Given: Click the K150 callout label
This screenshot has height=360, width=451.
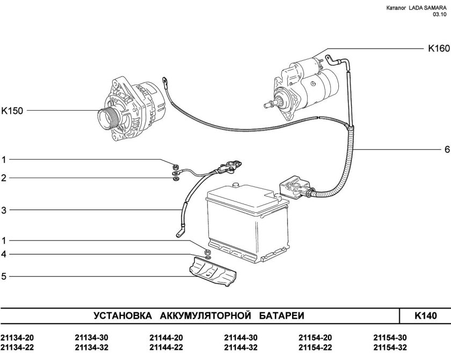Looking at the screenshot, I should (x=12, y=111).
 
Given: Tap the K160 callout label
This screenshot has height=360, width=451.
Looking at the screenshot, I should (x=438, y=48).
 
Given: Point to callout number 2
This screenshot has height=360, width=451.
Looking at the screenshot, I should (x=4, y=177).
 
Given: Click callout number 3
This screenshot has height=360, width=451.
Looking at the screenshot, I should (x=4, y=211).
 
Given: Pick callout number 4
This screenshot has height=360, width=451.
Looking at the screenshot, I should (x=4, y=254).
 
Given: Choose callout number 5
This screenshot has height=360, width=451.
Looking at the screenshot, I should (x=4, y=277).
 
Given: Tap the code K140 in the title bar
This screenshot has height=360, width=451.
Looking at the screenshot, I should (x=425, y=315).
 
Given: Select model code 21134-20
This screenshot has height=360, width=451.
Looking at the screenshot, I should (x=17, y=338).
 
